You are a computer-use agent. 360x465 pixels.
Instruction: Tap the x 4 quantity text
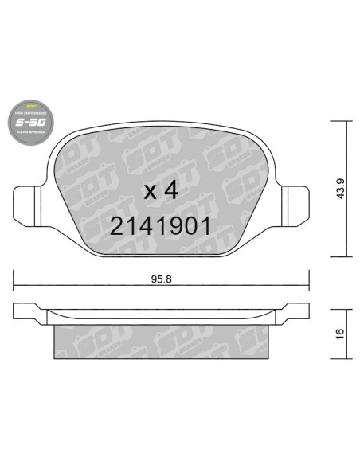point(158,191)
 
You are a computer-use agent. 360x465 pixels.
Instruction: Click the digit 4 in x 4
point(170,191)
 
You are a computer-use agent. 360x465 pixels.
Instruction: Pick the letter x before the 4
point(147,193)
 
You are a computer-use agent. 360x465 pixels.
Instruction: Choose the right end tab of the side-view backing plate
point(298,311)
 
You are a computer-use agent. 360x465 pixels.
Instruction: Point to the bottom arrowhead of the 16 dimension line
point(344,356)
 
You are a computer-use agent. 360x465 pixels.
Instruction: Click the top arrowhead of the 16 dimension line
point(344,307)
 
